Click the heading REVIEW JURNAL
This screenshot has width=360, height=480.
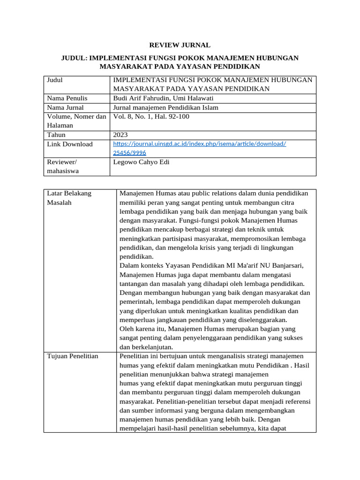click(180, 45)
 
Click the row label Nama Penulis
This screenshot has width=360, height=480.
click(67, 98)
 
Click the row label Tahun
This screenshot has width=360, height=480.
click(56, 135)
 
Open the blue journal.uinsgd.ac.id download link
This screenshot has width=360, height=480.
click(200, 144)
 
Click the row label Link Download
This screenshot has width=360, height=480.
click(70, 144)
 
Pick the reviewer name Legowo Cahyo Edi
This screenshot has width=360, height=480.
click(141, 162)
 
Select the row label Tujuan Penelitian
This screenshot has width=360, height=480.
click(73, 356)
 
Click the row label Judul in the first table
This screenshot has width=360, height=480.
click(55, 80)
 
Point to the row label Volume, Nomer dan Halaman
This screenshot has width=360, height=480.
click(76, 121)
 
